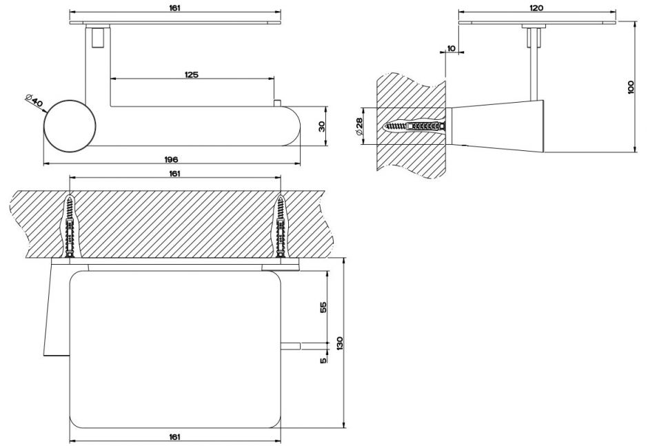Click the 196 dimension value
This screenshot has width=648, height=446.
(x=172, y=159)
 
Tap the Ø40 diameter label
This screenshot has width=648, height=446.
(x=34, y=101)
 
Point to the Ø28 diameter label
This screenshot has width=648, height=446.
(x=360, y=126)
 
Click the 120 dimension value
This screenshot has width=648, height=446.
(x=537, y=8)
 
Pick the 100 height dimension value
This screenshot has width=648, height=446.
(x=631, y=87)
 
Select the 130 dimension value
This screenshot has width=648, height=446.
(x=338, y=343)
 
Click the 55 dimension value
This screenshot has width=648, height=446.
(x=323, y=307)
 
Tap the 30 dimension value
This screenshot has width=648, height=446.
(x=322, y=126)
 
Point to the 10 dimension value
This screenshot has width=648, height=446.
(x=451, y=48)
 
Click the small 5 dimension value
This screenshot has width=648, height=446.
(x=323, y=359)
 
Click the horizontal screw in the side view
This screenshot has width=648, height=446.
(x=414, y=128)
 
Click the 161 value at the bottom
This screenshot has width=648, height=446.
(x=174, y=436)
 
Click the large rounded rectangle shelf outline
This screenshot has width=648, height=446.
(x=175, y=348)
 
